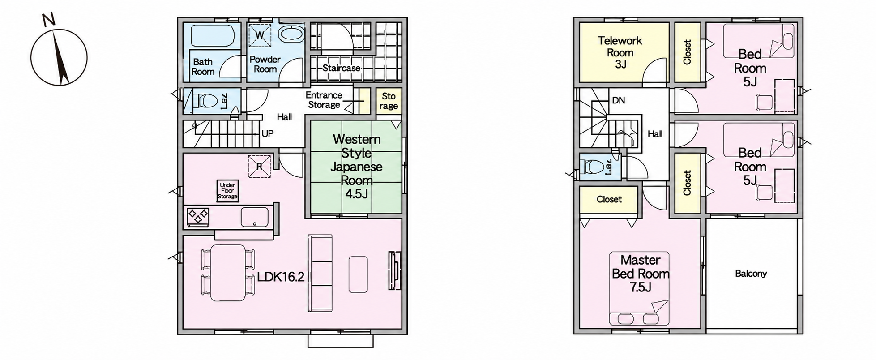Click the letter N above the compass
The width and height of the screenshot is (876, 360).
[48, 20]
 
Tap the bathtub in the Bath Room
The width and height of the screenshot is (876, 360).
[212, 35]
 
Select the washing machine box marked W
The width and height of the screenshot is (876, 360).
[260, 34]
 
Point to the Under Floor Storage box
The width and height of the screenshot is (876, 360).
[227, 191]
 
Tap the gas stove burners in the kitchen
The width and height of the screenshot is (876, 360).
[198, 216]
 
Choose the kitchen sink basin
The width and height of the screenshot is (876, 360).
[255, 217]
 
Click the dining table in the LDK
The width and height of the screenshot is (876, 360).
[228, 273]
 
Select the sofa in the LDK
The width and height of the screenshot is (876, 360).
[320, 273]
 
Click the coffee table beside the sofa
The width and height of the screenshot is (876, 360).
[358, 274]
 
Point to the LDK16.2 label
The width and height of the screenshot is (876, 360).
[281, 277]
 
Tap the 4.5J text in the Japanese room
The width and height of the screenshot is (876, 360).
[356, 194]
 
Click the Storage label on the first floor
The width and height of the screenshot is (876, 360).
[389, 101]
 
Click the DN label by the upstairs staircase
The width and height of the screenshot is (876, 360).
[619, 100]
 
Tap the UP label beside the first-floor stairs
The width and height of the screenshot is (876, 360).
[267, 133]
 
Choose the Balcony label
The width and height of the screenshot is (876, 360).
[751, 273]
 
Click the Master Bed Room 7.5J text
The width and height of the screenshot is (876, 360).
[641, 274]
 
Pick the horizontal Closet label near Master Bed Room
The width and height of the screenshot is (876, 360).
[609, 199]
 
